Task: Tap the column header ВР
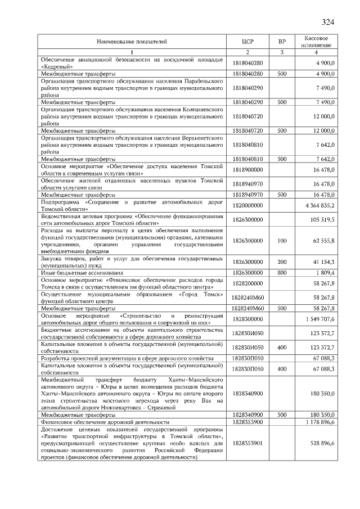click(x=282, y=42)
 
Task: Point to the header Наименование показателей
click(x=132, y=42)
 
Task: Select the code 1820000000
click(x=247, y=206)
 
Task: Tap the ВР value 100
click(x=282, y=241)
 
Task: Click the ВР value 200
click(x=282, y=262)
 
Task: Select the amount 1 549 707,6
click(x=320, y=319)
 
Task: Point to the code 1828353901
click(x=247, y=444)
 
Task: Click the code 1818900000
click(x=247, y=168)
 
